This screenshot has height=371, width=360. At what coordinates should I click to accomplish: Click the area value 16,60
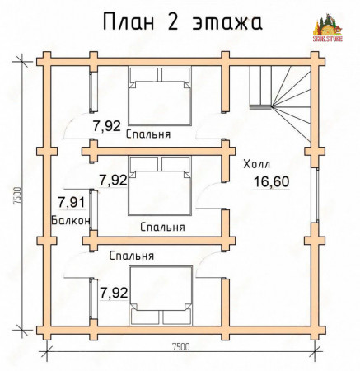tap(271, 181)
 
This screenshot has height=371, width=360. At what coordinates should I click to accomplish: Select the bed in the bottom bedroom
tap(161, 294)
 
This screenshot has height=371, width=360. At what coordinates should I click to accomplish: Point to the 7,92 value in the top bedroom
tap(105, 126)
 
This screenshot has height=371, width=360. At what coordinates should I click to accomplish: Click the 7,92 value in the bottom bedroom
tap(113, 292)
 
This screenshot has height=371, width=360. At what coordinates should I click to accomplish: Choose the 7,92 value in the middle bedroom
tap(112, 179)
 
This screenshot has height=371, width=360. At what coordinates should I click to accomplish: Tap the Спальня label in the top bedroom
tap(149, 135)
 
